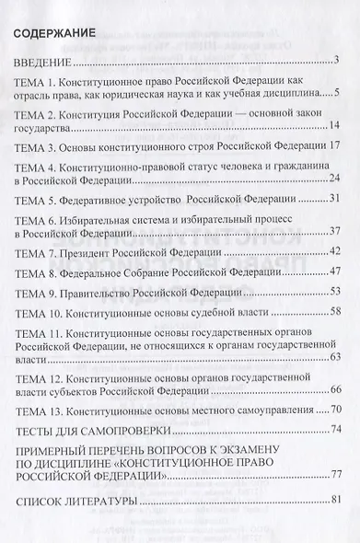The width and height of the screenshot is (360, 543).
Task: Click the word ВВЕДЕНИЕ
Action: coord(43,64)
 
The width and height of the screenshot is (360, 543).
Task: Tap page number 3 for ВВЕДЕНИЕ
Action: coord(338,63)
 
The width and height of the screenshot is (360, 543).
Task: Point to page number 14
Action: coord(335,125)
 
